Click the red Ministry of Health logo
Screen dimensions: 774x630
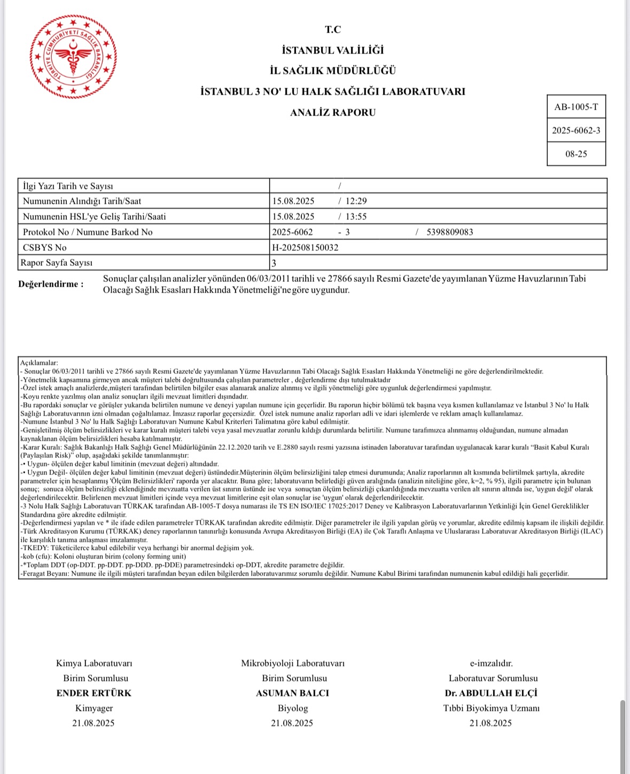[x=73, y=57]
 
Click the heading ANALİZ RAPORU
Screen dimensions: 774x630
[x=332, y=112]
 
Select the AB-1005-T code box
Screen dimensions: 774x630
[x=576, y=107]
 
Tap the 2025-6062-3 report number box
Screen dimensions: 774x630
[x=576, y=131]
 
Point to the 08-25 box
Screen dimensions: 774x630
[x=576, y=154]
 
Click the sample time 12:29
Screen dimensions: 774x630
[x=356, y=201]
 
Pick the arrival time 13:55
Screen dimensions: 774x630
[x=356, y=217]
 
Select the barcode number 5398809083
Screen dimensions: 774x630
[x=450, y=232]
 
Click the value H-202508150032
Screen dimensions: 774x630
[x=305, y=248]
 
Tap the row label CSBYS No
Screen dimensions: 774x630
[x=45, y=248]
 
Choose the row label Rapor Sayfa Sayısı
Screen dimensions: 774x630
[x=57, y=263]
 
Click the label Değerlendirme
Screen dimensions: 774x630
[x=51, y=284]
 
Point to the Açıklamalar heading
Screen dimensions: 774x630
[x=38, y=363]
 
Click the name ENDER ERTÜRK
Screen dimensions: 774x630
[x=94, y=693]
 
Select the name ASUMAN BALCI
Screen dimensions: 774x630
[x=292, y=693]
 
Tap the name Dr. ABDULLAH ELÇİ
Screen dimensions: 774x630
[x=491, y=693]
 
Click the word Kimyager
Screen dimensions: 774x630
[x=94, y=708]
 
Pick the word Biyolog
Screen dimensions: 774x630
[x=292, y=708]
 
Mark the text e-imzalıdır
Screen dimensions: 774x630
[x=491, y=663]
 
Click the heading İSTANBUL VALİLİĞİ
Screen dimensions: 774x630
[x=332, y=50]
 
